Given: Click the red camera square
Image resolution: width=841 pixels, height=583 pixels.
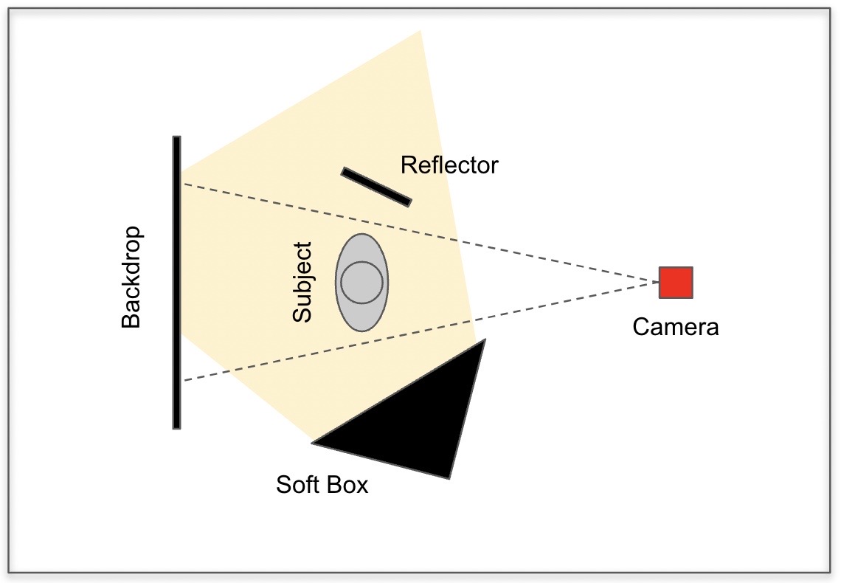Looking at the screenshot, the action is [x=676, y=282].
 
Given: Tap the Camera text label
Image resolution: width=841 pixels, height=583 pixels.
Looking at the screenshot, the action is [x=675, y=327].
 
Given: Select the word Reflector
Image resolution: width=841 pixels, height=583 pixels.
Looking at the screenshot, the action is [x=449, y=165].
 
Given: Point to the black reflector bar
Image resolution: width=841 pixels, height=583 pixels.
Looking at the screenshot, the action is [x=376, y=187].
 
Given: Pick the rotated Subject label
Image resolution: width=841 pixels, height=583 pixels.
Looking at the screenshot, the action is [x=302, y=282].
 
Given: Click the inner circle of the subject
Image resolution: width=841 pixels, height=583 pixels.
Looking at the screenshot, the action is [x=362, y=282].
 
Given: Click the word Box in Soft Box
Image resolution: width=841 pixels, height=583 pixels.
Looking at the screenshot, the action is [x=348, y=484].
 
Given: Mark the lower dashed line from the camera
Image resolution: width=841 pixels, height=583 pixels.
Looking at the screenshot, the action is [x=421, y=331].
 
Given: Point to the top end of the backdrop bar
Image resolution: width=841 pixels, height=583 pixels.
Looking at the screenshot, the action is [x=176, y=137].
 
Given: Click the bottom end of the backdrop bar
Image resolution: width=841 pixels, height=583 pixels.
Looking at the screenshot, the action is [x=176, y=427].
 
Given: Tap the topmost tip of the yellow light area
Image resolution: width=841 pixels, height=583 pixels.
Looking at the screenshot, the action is [x=420, y=30].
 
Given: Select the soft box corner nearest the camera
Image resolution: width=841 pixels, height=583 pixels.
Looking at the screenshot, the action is [x=485, y=339].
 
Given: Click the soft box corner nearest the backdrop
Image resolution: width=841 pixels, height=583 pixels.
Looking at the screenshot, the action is [x=314, y=443].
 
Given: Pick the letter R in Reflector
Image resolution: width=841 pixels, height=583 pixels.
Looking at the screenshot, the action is [x=408, y=165].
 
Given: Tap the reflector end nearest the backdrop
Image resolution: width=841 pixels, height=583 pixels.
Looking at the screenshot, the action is [x=344, y=171].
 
